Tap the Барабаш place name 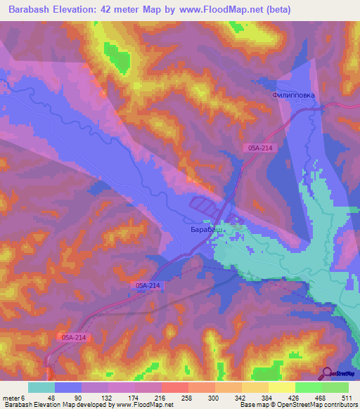pos(208,230)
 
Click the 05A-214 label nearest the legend pos(73,338)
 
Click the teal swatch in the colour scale pos(41,388)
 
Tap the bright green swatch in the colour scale pos(308,388)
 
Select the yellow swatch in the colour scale pos(281,388)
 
